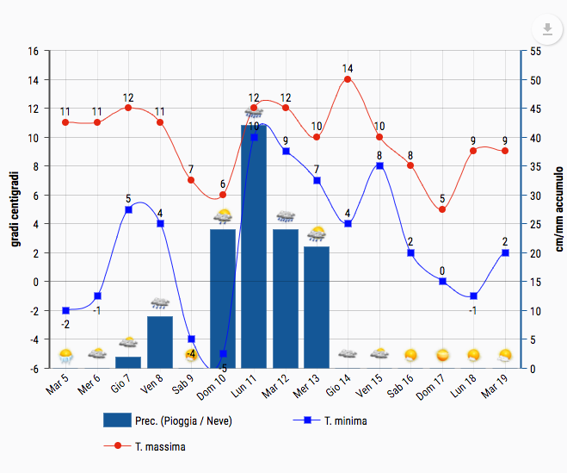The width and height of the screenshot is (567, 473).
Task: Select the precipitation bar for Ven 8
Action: click(160, 343)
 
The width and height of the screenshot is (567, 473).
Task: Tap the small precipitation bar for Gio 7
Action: click(128, 363)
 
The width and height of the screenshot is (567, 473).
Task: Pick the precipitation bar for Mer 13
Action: click(317, 308)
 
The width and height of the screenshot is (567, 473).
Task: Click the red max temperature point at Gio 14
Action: click(348, 79)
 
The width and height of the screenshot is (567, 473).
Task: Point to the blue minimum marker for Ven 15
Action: click(379, 165)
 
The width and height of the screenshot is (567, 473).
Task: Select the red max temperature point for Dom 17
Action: click(442, 209)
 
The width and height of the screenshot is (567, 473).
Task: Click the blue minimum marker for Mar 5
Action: click(65, 310)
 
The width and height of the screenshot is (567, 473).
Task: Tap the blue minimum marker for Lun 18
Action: click(473, 296)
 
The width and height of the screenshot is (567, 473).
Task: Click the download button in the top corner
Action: click(546, 28)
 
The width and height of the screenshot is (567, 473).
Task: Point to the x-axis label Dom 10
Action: click(211, 385)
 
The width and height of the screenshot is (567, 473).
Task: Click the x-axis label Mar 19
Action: click(494, 385)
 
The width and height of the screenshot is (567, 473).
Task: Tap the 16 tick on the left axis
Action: click(33, 51)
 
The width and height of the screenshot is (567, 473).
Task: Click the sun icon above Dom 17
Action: click(442, 355)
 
